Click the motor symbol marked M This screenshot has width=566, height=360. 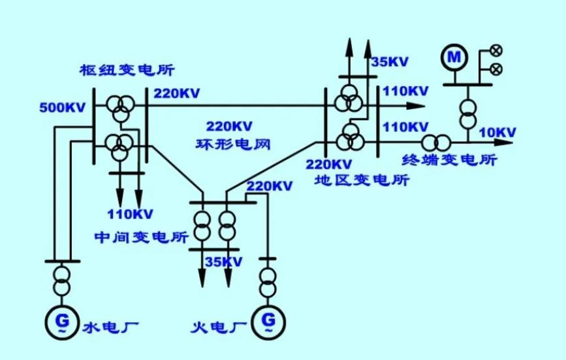pyautogui.click(x=454, y=57)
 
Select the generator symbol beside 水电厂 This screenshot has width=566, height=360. pyautogui.click(x=62, y=322)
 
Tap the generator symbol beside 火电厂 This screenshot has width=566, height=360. pyautogui.click(x=268, y=322)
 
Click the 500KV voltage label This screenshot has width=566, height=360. pyautogui.click(x=63, y=108)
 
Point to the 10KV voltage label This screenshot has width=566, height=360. pyautogui.click(x=497, y=133)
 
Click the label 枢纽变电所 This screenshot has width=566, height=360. pyautogui.click(x=127, y=70)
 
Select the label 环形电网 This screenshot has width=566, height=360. pyautogui.click(x=233, y=144)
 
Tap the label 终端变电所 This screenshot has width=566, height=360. pyautogui.click(x=450, y=159)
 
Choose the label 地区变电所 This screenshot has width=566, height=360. pyautogui.click(x=362, y=180)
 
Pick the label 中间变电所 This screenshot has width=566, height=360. pyautogui.click(x=142, y=237)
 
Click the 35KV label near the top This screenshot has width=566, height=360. pyautogui.click(x=390, y=62)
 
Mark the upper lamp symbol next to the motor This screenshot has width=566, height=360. pyautogui.click(x=497, y=50)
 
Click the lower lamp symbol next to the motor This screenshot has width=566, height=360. pyautogui.click(x=497, y=69)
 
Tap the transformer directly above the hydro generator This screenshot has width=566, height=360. pyautogui.click(x=62, y=280)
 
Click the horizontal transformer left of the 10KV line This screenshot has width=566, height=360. pyautogui.click(x=436, y=143)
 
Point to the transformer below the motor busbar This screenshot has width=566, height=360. pyautogui.click(x=468, y=114)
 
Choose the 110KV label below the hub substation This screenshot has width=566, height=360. pyautogui.click(x=130, y=214)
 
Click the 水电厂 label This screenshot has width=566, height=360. pyautogui.click(x=111, y=327)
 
